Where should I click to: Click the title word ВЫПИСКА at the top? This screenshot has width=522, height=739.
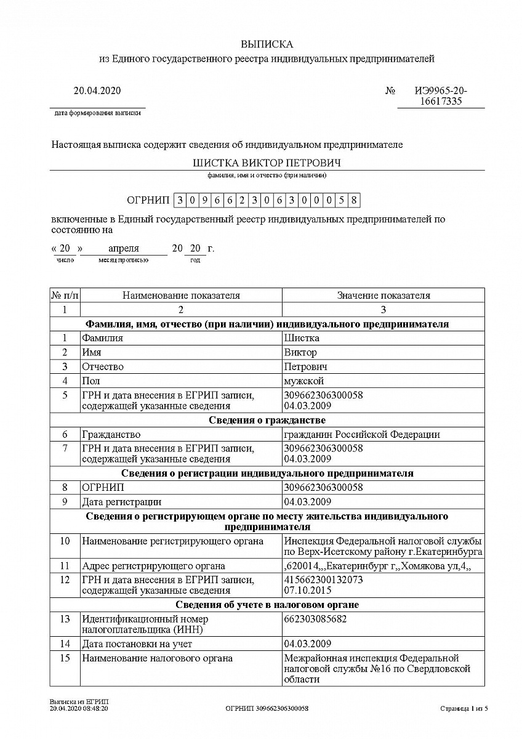tap(267, 44)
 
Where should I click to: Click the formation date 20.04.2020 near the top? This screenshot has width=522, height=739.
tap(97, 91)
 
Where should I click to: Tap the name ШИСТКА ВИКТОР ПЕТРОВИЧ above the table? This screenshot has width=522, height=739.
tap(267, 163)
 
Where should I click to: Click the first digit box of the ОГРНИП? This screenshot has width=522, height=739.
tap(180, 200)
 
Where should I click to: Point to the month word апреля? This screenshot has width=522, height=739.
tap(124, 249)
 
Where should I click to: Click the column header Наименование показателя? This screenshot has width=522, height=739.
tap(181, 296)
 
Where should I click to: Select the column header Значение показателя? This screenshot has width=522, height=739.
tap(383, 296)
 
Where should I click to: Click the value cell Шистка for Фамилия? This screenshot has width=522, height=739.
tap(302, 338)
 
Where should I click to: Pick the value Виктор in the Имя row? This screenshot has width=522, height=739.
tap(300, 352)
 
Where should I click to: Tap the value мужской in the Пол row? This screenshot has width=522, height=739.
tap(304, 381)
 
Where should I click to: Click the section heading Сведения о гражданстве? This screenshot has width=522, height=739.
tap(267, 421)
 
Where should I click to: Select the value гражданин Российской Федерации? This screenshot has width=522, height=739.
tap(362, 435)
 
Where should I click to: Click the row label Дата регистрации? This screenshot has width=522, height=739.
tap(122, 502)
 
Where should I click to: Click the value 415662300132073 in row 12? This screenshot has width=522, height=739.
tap(324, 580)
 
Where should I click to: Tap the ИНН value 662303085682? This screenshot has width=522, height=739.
tap(316, 619)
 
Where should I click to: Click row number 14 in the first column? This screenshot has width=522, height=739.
tap(65, 644)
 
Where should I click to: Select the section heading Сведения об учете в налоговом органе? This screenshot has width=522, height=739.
tap(267, 605)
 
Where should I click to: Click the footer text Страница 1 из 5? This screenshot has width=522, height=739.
tap(464, 709)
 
